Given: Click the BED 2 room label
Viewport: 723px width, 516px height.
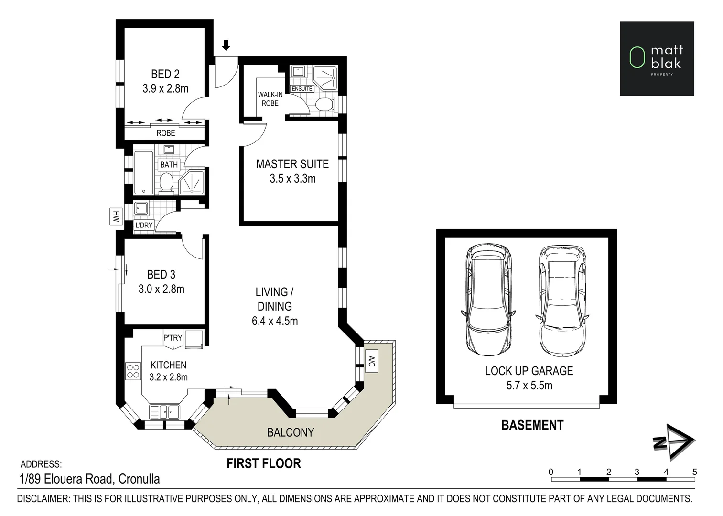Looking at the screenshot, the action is tap(165, 74).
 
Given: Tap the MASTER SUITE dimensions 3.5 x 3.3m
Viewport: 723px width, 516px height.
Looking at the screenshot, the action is tap(293, 179).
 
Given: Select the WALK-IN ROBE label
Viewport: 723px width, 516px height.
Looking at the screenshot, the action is tap(270, 99).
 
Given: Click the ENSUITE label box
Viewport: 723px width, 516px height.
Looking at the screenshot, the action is tap(302, 88).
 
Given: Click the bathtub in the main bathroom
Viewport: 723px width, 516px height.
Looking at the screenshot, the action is tap(144, 172).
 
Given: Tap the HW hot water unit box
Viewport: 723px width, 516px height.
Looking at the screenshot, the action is tap(116, 216).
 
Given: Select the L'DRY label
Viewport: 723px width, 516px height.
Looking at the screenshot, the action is tap(144, 225).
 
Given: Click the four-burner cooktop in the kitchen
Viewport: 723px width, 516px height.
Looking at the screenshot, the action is tap(133, 371).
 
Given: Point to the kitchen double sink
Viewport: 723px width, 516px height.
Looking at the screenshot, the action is tap(164, 412).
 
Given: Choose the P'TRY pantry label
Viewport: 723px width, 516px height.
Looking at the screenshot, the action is tap(173, 338).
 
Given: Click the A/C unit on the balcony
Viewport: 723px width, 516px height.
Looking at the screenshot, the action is tap(371, 361).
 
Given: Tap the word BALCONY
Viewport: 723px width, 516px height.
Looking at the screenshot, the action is tap(291, 432).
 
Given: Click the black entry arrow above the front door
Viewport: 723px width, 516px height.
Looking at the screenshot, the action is tap(226, 45).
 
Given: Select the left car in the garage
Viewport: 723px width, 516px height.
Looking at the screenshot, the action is tap(488, 299).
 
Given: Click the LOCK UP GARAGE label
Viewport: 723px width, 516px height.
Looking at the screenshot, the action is tap(529, 371).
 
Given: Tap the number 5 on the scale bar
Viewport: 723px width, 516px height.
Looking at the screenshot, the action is tap(695, 472).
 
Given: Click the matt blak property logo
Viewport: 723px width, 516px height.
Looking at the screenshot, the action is tap(657, 59).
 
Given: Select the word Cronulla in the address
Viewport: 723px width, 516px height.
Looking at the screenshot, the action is tap(139, 479).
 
